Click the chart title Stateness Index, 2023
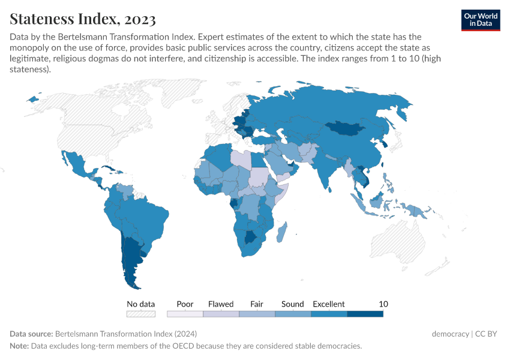[83, 19]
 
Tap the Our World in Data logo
[480, 20]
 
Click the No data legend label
[140, 304]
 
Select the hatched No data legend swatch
[140, 313]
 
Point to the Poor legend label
[185, 304]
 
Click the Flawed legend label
[221, 304]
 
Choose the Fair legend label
[257, 304]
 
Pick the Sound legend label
[293, 304]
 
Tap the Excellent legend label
[329, 304]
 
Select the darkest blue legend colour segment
[365, 313]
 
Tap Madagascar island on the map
[281, 232]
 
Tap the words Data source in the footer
[31, 334]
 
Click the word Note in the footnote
[19, 346]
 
